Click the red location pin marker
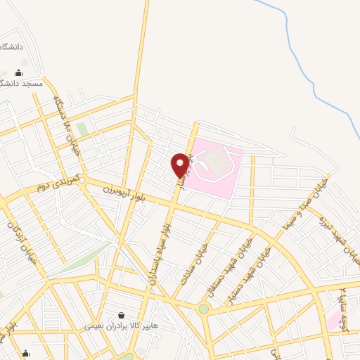tap(181, 165)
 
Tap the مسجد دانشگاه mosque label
tap(23, 83)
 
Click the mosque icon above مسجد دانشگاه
tap(18, 72)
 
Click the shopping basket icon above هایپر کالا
tap(122, 316)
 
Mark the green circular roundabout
tap(203, 308)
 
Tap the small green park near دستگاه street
tap(82, 129)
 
